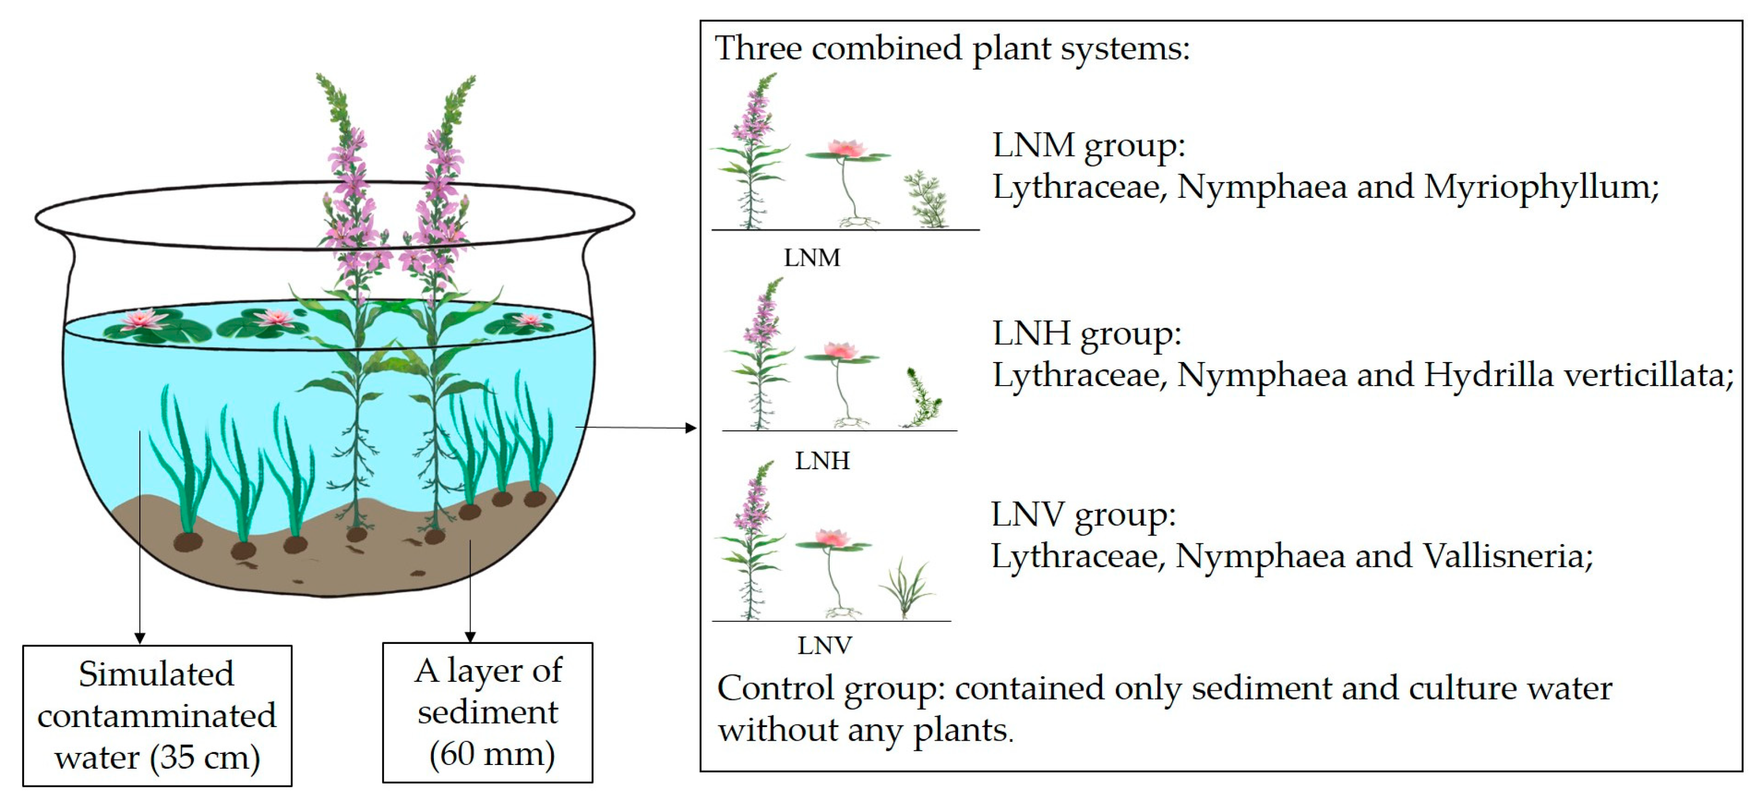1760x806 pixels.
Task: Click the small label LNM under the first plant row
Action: coord(812,258)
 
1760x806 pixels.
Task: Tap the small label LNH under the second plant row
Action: coord(822,461)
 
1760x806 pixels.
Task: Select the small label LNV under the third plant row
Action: coord(824,646)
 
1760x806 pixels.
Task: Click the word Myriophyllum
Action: coord(1540,187)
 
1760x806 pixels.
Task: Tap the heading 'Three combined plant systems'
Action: coord(952,48)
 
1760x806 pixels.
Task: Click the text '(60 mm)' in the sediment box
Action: coord(491,753)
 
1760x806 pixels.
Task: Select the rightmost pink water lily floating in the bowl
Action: coord(528,320)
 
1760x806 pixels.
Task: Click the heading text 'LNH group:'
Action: coord(1086,334)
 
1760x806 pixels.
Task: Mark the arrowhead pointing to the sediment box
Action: coord(470,637)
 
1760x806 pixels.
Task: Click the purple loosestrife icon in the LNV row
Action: coord(751,540)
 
